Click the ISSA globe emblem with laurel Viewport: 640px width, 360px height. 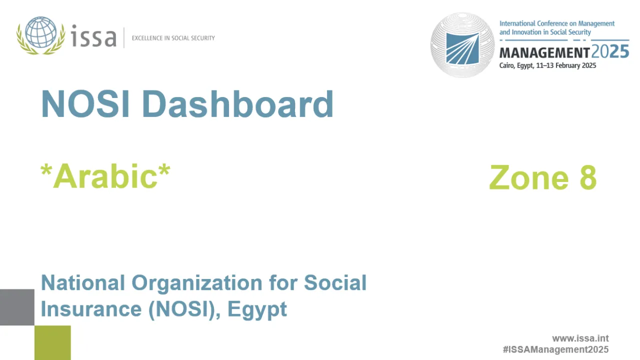40,35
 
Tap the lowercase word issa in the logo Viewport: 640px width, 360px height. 93,37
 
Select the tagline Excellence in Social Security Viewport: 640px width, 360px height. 173,38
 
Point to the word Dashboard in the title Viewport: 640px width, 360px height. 237,104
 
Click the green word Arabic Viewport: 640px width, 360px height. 105,176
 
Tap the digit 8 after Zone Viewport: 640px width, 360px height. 588,178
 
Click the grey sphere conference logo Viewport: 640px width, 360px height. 462,45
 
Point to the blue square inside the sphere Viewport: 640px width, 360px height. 462,48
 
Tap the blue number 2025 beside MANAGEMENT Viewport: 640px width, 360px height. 610,52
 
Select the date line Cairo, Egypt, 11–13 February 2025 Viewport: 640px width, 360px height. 547,65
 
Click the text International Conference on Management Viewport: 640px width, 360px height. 557,23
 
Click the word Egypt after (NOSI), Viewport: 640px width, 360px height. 257,309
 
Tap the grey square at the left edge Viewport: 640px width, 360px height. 17,307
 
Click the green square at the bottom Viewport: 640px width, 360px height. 52,342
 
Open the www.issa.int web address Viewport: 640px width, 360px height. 580,338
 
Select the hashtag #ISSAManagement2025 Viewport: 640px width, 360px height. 555,349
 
